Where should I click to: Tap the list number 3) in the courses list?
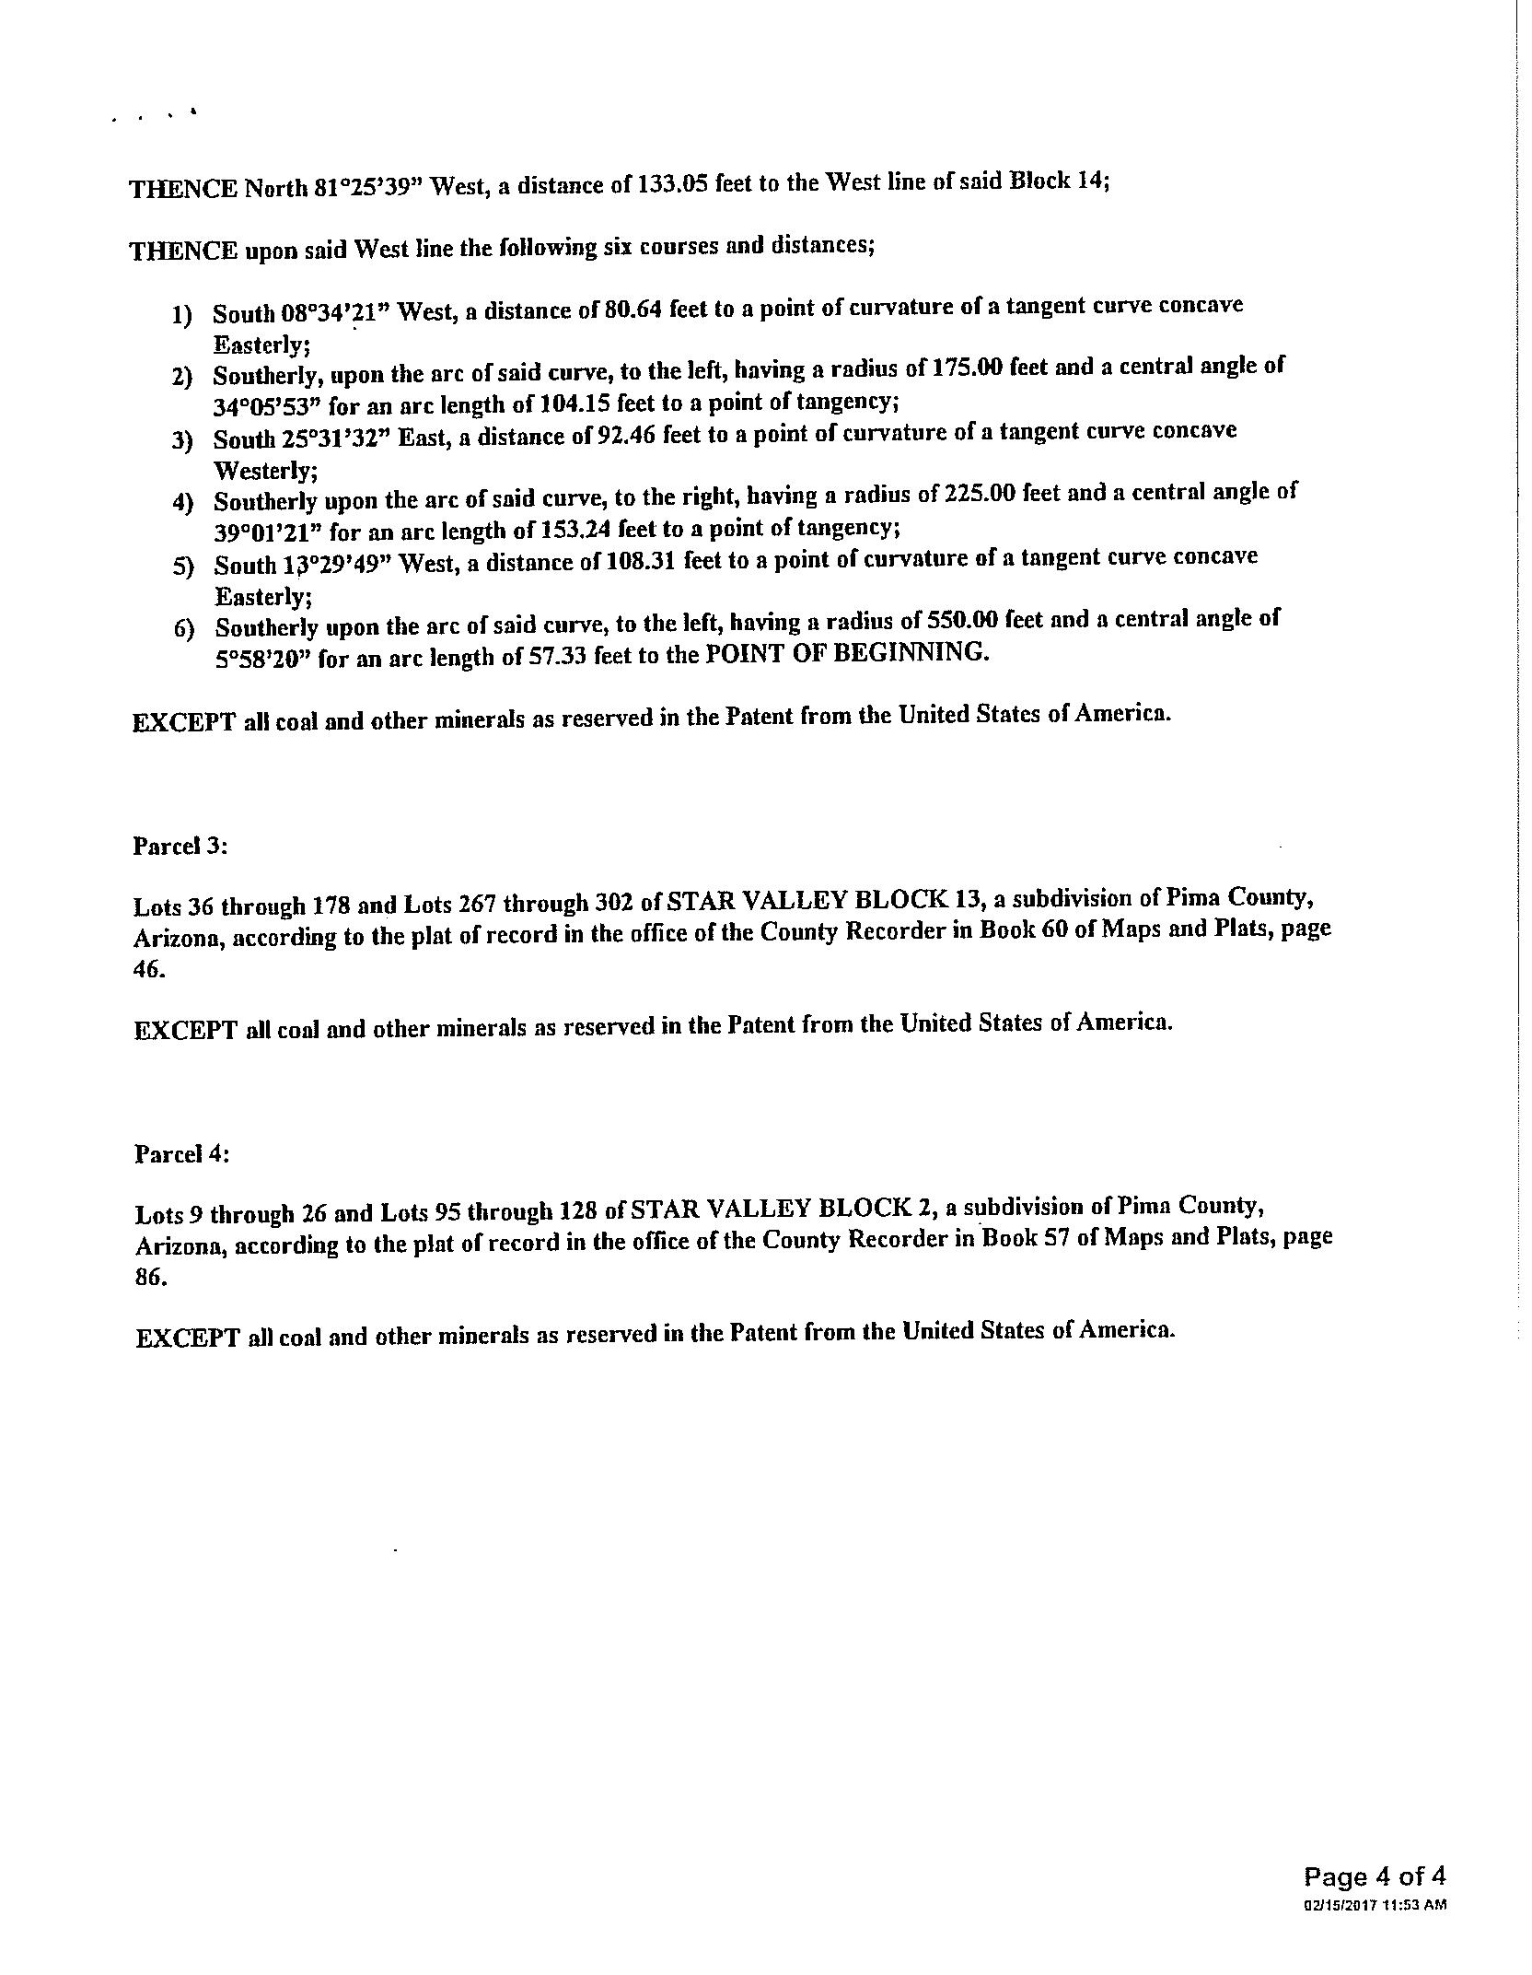click(182, 440)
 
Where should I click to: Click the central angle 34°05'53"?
click(268, 406)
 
